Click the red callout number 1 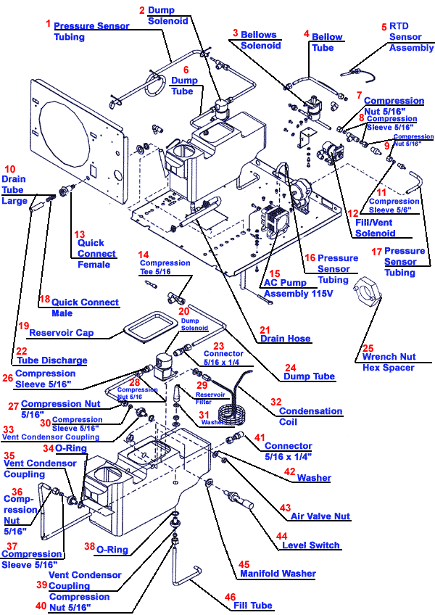(49, 23)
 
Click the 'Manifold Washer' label (278, 573)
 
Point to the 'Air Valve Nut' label (320, 516)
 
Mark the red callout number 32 (276, 401)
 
